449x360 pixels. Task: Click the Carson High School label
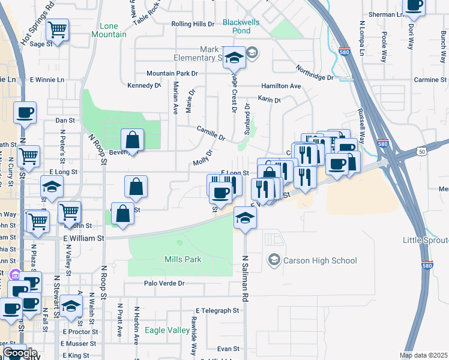(x=320, y=260)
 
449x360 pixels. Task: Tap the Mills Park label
(x=183, y=259)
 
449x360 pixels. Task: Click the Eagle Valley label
(x=167, y=330)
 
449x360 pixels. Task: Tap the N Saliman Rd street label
(x=245, y=278)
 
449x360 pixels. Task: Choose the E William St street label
(x=83, y=238)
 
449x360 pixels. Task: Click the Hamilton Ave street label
(x=280, y=86)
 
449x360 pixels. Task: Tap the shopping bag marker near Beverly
(x=133, y=140)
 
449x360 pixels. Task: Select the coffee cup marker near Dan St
(x=25, y=112)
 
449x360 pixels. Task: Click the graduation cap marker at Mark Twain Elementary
(x=235, y=57)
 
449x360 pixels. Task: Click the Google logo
(x=19, y=353)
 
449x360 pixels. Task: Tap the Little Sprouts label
(x=426, y=240)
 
